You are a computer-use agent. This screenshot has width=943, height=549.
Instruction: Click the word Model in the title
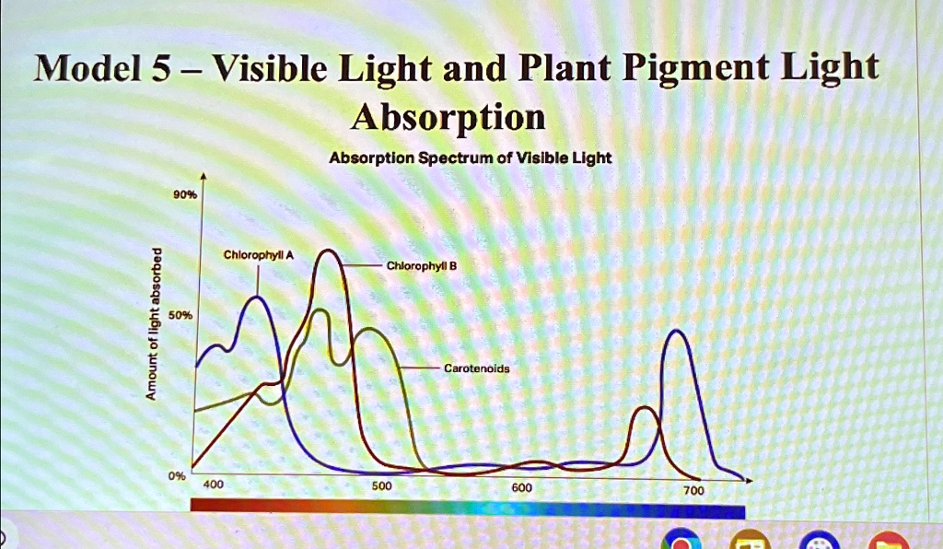point(81,69)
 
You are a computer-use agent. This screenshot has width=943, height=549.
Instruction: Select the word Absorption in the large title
point(449,117)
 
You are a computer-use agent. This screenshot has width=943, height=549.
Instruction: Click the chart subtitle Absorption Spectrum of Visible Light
point(470,158)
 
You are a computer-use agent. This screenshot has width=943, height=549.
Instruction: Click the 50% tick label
point(180,315)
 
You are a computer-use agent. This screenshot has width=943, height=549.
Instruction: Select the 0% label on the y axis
point(177,476)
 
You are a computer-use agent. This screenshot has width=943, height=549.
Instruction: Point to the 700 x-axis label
point(693,491)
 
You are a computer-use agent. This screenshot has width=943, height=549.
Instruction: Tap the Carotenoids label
point(476,368)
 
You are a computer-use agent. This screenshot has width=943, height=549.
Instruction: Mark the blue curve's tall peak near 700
point(678,331)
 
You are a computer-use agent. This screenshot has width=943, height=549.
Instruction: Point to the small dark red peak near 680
point(646,408)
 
